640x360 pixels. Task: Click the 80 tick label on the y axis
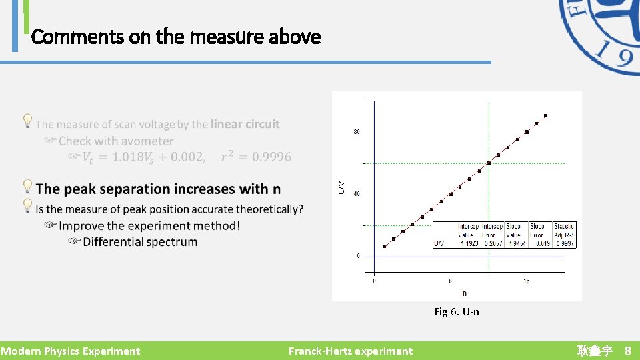coord(357,132)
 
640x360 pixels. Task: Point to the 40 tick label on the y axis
coord(357,194)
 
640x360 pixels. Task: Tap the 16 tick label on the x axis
coord(526,281)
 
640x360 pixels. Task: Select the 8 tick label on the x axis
coord(450,281)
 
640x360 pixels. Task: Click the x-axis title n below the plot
coord(464,293)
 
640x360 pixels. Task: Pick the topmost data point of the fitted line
coord(545,116)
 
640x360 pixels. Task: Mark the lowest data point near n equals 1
coord(384,246)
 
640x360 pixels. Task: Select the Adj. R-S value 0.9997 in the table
coord(564,244)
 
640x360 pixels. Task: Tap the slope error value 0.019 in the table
coord(540,244)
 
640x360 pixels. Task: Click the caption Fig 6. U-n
coord(456,311)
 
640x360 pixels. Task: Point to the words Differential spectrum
coord(140,242)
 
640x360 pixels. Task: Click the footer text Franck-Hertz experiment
coord(350,351)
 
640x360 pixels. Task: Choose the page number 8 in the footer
coord(627,351)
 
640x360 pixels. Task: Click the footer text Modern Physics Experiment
coord(70,351)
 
